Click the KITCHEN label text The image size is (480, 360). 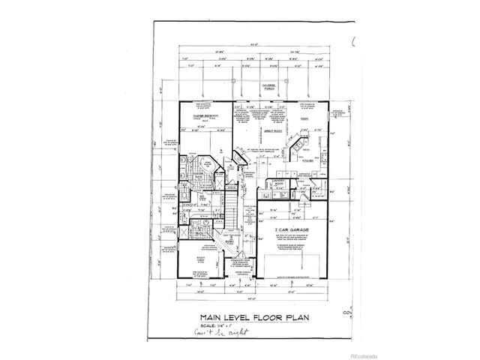[x=307, y=159]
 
